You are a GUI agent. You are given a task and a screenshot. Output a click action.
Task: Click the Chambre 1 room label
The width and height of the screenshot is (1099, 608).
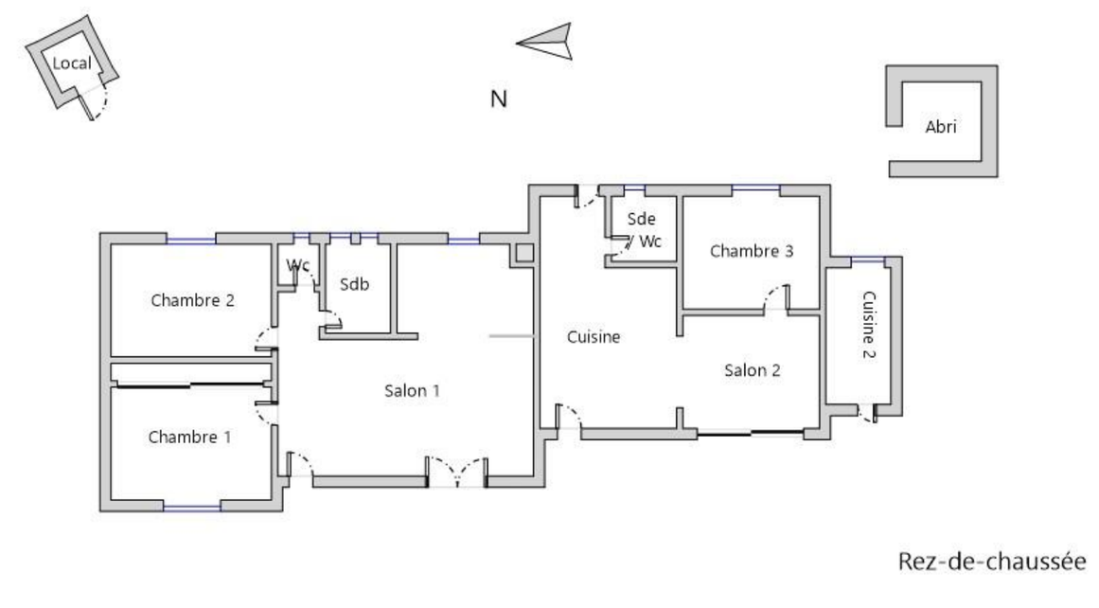(189, 438)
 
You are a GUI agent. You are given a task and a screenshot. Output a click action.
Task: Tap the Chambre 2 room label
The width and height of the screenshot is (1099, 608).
(192, 301)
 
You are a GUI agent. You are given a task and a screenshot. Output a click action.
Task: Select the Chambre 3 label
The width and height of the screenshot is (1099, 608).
(752, 251)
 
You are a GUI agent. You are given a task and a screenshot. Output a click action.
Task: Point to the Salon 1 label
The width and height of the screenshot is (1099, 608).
(412, 390)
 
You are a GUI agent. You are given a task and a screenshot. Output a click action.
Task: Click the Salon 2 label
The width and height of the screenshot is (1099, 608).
(753, 370)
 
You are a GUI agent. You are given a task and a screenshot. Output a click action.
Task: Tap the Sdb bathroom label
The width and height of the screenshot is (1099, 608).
(354, 284)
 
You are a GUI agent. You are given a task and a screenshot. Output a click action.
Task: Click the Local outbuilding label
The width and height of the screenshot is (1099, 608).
(72, 63)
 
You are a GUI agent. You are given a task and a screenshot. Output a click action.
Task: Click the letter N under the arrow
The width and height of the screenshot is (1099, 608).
(499, 98)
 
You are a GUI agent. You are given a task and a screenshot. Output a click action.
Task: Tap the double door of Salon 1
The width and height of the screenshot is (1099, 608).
(457, 472)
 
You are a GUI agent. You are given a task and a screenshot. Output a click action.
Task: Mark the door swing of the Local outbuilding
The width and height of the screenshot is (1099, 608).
(98, 98)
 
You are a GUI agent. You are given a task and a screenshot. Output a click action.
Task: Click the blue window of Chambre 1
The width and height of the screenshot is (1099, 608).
(191, 507)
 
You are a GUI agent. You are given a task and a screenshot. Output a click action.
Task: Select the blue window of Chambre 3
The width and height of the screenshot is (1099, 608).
(755, 189)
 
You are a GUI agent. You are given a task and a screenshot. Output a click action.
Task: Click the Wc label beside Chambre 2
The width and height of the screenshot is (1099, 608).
(298, 265)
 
